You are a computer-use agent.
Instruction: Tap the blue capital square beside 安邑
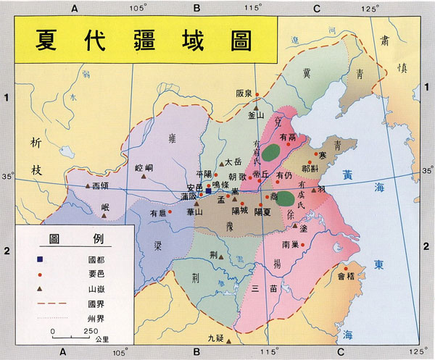click(208, 192)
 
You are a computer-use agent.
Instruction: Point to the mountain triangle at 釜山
click(256, 106)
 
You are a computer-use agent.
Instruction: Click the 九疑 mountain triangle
click(228, 340)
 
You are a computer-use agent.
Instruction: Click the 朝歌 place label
click(237, 176)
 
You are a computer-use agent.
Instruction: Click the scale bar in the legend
click(72, 338)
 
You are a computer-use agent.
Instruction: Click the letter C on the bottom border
click(338, 353)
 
